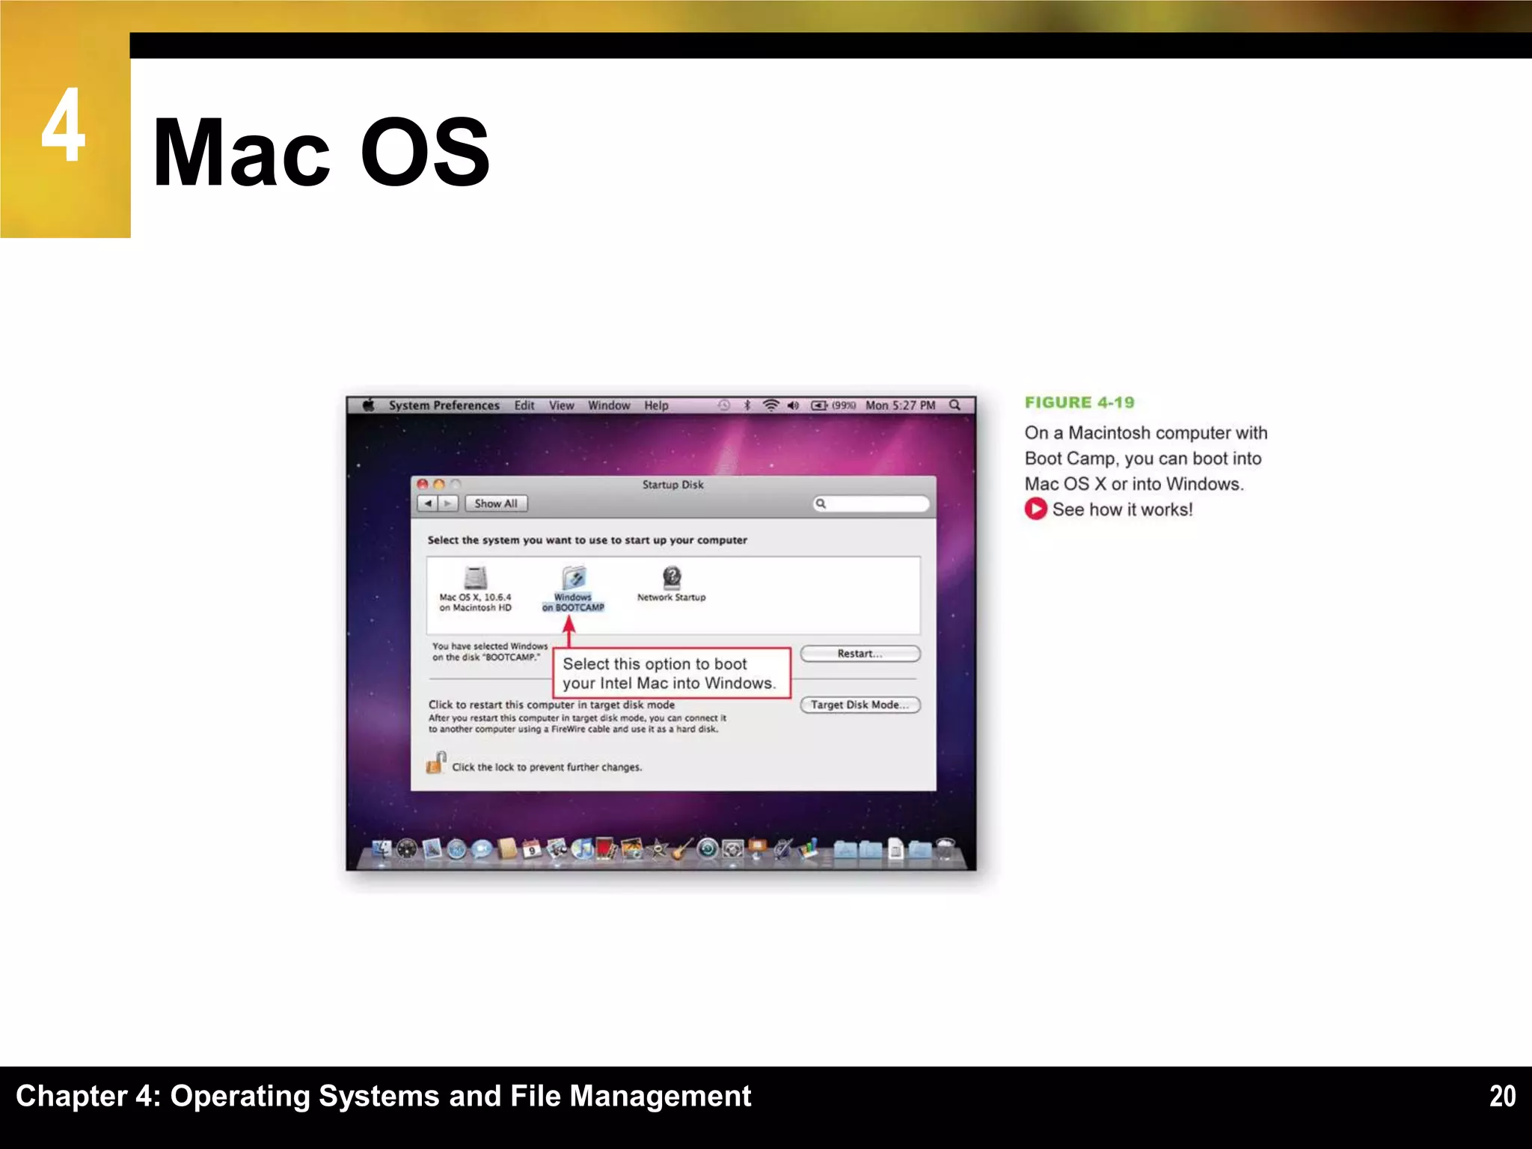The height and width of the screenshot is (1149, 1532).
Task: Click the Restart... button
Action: click(860, 654)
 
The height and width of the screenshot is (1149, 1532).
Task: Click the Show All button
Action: click(495, 503)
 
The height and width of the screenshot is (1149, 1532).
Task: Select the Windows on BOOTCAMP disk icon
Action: click(573, 578)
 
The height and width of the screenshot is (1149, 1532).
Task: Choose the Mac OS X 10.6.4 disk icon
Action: click(475, 578)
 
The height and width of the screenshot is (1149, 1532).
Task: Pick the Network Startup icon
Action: click(672, 577)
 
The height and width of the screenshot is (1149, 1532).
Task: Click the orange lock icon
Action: click(435, 763)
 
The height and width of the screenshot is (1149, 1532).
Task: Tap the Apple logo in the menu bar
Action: click(368, 405)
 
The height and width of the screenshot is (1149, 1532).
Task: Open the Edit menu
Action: click(524, 405)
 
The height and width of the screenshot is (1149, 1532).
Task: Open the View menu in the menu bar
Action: click(561, 405)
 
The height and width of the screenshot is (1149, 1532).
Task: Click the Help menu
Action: click(656, 405)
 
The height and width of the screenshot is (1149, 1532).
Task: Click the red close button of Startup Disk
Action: click(423, 485)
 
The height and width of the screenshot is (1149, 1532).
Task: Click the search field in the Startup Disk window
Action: click(874, 503)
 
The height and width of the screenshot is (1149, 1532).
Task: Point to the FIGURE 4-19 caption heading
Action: click(1079, 402)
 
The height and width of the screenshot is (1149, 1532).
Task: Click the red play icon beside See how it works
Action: click(1035, 509)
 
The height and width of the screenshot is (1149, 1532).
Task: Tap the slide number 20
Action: click(1502, 1096)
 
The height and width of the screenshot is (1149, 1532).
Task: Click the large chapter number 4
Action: click(63, 126)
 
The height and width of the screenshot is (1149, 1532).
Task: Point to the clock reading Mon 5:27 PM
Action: click(900, 405)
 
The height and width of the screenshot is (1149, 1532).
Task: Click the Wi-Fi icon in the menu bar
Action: click(770, 405)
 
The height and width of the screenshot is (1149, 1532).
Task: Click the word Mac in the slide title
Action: click(241, 153)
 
